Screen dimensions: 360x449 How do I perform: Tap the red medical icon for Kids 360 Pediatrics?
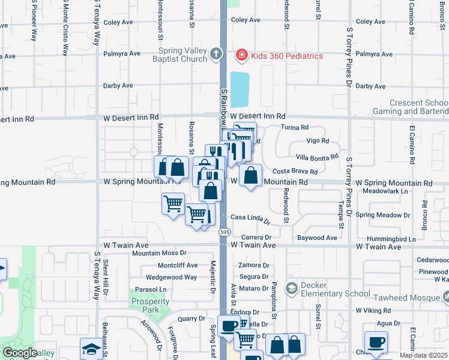click(x=241, y=56)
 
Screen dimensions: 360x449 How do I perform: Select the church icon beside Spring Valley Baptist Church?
click(x=215, y=55)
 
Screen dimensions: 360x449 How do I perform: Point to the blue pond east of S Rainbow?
click(x=239, y=89)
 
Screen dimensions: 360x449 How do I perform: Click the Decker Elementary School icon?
click(x=291, y=289)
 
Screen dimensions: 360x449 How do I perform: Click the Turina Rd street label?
click(x=295, y=127)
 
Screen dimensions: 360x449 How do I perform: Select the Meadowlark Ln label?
click(x=386, y=191)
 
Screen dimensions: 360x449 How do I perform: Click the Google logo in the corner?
click(x=20, y=353)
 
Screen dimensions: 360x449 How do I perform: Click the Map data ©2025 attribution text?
click(x=423, y=355)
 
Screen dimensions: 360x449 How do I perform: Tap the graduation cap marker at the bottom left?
click(x=91, y=349)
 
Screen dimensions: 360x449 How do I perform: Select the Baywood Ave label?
click(x=317, y=238)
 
